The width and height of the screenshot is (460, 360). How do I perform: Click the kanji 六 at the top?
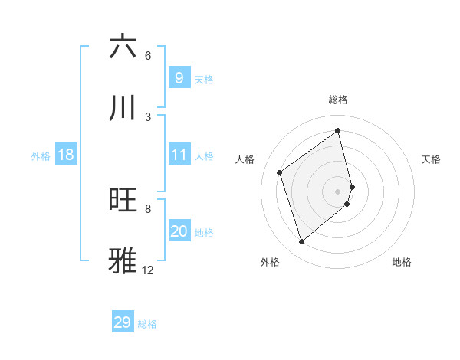pyautogui.click(x=123, y=47)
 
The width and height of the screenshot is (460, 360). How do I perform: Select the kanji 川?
pyautogui.click(x=123, y=108)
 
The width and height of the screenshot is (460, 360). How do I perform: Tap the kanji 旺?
pyautogui.click(x=123, y=200)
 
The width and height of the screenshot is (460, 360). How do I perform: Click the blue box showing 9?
pyautogui.click(x=179, y=78)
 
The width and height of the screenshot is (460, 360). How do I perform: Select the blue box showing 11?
pyautogui.click(x=179, y=155)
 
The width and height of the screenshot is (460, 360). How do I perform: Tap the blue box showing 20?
pyautogui.click(x=179, y=232)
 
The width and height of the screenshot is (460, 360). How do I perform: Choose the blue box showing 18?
pyautogui.click(x=66, y=155)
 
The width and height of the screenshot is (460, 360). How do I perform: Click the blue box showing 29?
pyautogui.click(x=123, y=322)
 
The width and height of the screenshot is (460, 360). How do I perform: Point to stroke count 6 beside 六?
pyautogui.click(x=148, y=56)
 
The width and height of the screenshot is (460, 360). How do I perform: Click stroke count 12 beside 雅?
pyautogui.click(x=148, y=270)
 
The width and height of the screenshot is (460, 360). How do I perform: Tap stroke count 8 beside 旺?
pyautogui.click(x=148, y=208)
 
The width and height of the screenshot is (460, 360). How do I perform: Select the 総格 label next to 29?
pyautogui.click(x=147, y=324)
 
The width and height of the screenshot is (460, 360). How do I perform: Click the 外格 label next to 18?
pyautogui.click(x=41, y=156)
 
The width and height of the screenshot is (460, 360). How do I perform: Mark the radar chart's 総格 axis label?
pyautogui.click(x=338, y=100)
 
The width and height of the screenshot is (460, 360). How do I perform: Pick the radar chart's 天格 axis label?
pyautogui.click(x=431, y=159)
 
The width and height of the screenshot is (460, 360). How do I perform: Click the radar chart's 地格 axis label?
pyautogui.click(x=402, y=262)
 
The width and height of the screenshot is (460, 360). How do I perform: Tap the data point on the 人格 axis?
pyautogui.click(x=280, y=172)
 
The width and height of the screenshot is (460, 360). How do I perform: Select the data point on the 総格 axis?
pyautogui.click(x=338, y=130)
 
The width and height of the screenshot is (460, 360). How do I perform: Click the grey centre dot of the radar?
pyautogui.click(x=338, y=191)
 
